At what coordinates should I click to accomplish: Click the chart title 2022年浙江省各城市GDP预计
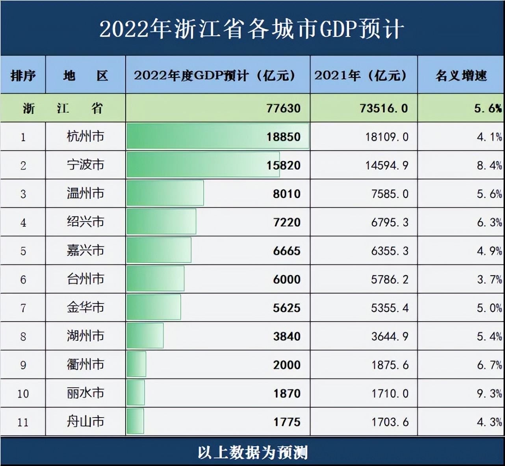pyautogui.click(x=252, y=29)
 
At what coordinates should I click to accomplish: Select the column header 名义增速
pyautogui.click(x=461, y=75)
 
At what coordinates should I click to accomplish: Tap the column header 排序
pyautogui.click(x=23, y=75)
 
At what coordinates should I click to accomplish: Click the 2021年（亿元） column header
pyautogui.click(x=361, y=75)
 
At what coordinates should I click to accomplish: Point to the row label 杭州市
pyautogui.click(x=85, y=137)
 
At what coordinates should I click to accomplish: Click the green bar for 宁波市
pyautogui.click(x=203, y=165)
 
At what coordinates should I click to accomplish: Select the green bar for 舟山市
pyautogui.click(x=135, y=422)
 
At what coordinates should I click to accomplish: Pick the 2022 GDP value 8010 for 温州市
pyautogui.click(x=286, y=194)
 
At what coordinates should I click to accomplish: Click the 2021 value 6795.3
pyautogui.click(x=390, y=222)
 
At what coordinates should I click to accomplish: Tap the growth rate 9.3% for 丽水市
pyautogui.click(x=489, y=393)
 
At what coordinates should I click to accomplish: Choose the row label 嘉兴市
pyautogui.click(x=85, y=250)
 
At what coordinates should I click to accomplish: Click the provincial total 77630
pyautogui.click(x=283, y=108)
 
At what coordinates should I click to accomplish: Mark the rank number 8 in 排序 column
pyautogui.click(x=23, y=337)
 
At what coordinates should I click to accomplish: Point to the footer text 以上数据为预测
pyautogui.click(x=252, y=453)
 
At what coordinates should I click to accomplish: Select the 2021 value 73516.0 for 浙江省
pyautogui.click(x=384, y=108)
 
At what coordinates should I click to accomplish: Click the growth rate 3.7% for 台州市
pyautogui.click(x=489, y=279)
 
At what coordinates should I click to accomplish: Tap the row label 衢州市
pyautogui.click(x=85, y=364)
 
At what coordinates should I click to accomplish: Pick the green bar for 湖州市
pyautogui.click(x=145, y=336)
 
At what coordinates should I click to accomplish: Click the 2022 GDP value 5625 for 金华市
pyautogui.click(x=286, y=308)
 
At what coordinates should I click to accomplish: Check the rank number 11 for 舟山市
pyautogui.click(x=23, y=422)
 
